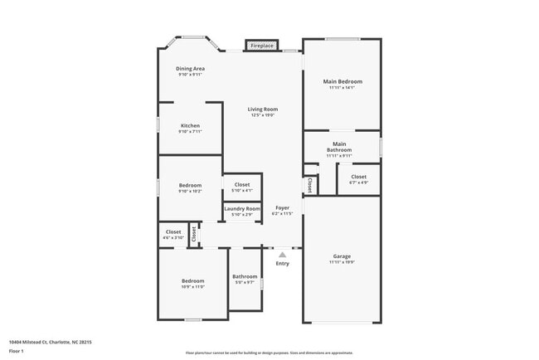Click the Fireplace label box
coord(262,46)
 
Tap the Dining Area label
coord(191,69)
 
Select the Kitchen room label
coord(190,126)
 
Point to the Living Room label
coord(263,109)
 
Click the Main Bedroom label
coord(342,81)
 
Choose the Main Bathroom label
coord(339,147)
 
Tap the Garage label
coord(342,256)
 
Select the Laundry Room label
coord(242,209)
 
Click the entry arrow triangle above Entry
coord(283,255)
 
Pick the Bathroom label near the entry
coord(245,276)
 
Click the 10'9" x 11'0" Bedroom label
coord(192,281)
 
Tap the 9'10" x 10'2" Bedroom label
coord(190,185)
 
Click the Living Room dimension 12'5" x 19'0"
coord(263,115)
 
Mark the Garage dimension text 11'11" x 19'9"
coord(342,262)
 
